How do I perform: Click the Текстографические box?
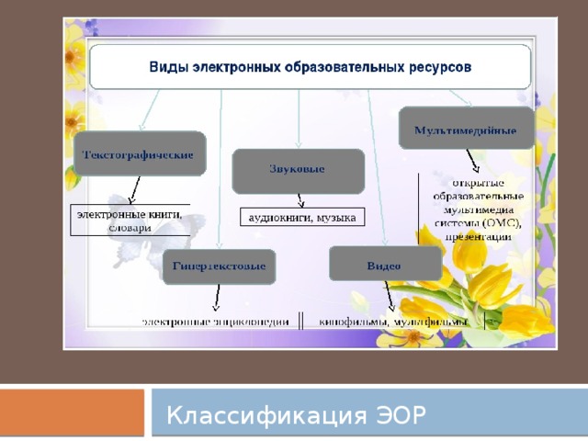coord(140,155)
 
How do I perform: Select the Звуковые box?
coord(298,170)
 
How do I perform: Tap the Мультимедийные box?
coord(466,130)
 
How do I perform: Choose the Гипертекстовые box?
coord(220,266)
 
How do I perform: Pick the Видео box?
coord(384,265)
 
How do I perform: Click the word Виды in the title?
coord(171,67)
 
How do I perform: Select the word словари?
coord(130,227)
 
